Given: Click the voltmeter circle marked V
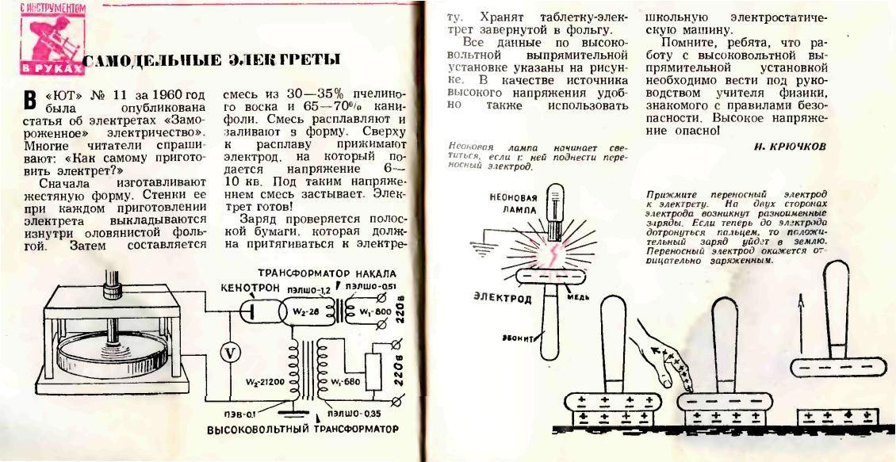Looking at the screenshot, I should pos(229,354).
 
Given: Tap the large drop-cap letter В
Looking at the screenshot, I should pos(32,101).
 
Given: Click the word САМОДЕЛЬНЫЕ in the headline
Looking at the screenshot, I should pos(145,61).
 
